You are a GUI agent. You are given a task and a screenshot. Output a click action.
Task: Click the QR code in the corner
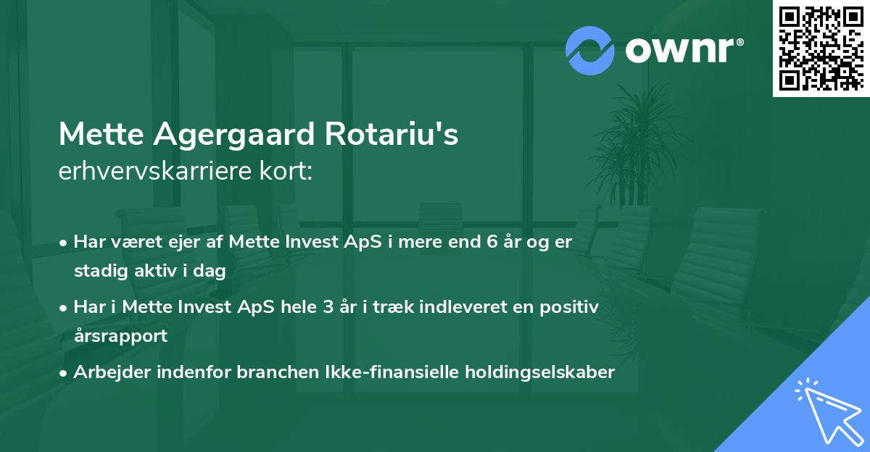[821, 48]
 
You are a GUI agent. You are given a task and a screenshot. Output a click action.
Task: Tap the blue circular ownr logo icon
[590, 50]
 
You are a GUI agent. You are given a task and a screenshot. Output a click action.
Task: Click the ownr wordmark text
[684, 51]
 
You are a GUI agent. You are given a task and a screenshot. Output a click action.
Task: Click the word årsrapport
[120, 335]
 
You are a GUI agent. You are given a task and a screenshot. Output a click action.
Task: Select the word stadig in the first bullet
[99, 271]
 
